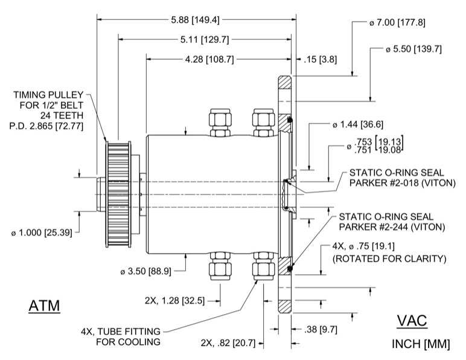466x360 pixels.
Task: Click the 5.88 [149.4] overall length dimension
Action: (x=195, y=19)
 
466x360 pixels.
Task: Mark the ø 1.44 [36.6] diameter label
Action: (x=357, y=125)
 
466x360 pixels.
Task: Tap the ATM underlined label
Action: (x=45, y=306)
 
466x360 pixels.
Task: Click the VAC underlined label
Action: (x=412, y=321)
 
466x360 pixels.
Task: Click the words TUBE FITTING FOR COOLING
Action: (x=121, y=336)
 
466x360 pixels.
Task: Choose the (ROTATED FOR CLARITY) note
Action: (x=390, y=259)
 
